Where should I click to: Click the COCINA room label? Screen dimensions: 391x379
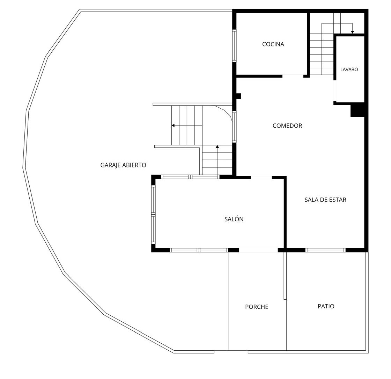(x=273, y=44)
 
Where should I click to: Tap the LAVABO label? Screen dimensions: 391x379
(x=349, y=70)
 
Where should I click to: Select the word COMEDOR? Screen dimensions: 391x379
(x=287, y=126)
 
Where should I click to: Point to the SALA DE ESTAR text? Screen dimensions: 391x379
(x=325, y=200)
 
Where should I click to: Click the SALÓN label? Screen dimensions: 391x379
(x=234, y=219)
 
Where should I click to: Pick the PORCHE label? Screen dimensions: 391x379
(x=257, y=307)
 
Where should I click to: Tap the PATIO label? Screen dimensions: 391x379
(x=326, y=306)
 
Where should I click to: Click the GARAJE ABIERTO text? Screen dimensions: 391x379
(x=123, y=165)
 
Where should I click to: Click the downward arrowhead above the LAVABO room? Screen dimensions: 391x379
(x=352, y=32)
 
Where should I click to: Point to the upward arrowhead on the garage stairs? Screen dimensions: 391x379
(x=217, y=146)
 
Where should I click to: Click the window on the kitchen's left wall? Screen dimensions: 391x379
(x=234, y=46)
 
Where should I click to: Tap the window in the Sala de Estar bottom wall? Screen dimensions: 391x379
(x=325, y=250)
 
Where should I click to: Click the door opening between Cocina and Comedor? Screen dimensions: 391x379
(x=293, y=76)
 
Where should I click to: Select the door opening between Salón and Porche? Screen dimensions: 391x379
(x=258, y=250)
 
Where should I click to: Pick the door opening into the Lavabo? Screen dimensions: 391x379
(x=335, y=91)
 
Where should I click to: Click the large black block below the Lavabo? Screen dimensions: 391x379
(x=357, y=109)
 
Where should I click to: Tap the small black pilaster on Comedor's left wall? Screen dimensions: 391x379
(x=239, y=96)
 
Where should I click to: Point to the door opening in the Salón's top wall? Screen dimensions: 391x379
(x=261, y=178)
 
